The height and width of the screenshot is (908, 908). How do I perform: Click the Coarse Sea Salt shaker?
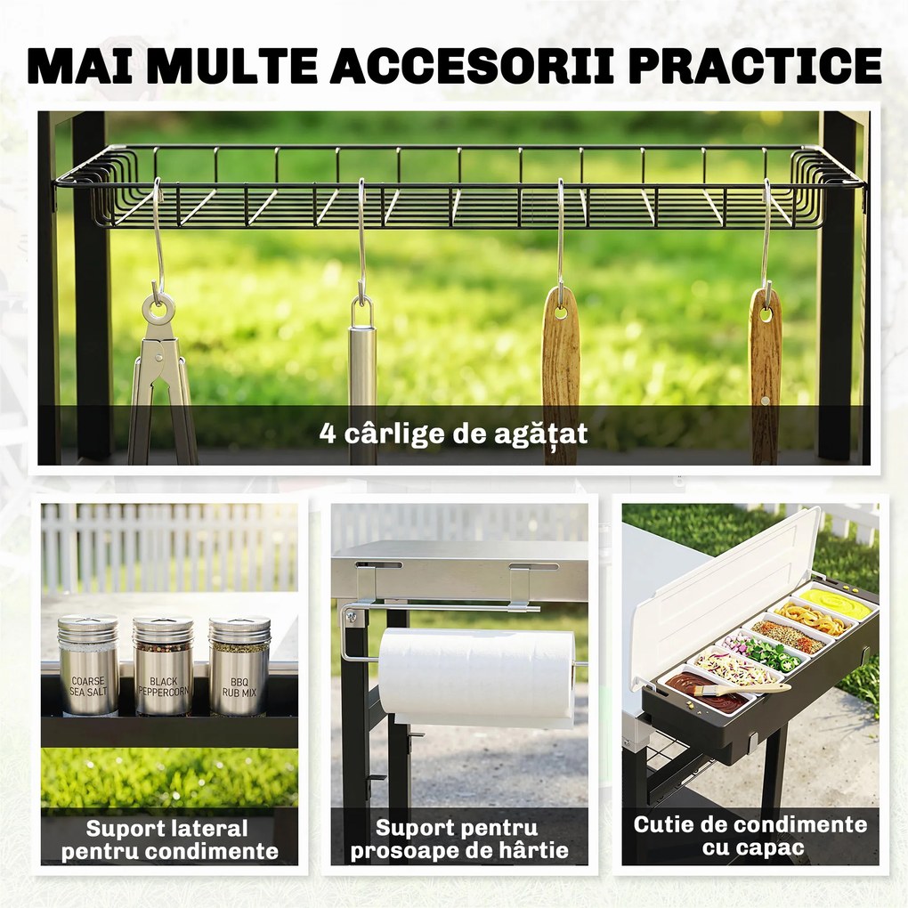click(x=88, y=665)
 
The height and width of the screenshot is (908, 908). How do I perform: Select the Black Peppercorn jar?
click(x=163, y=665)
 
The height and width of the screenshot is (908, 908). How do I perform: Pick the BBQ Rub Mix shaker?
click(x=239, y=666)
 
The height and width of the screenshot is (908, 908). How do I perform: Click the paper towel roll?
click(x=476, y=677)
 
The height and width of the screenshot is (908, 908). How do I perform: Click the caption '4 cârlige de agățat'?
click(x=453, y=434)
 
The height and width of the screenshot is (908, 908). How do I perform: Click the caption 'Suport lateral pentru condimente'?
click(x=169, y=839)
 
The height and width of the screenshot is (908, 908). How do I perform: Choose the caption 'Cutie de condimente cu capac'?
click(x=750, y=836)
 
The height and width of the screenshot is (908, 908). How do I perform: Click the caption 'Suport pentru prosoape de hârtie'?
click(x=459, y=839)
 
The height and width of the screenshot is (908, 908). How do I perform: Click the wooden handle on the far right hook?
click(x=765, y=377)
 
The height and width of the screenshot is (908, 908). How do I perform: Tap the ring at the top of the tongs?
click(x=158, y=310)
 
